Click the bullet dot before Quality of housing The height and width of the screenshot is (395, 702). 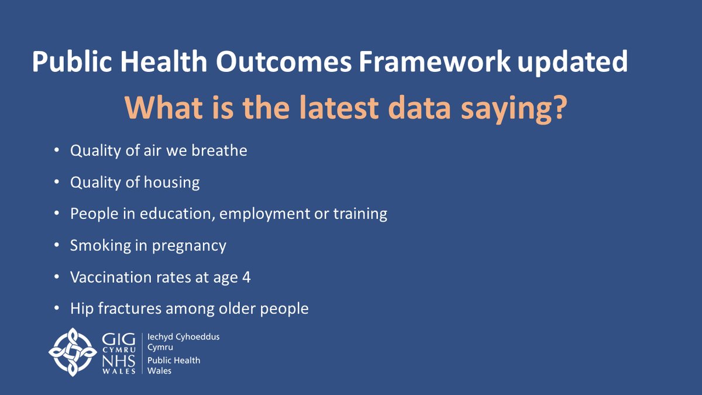(56, 183)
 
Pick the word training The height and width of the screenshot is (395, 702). (359, 214)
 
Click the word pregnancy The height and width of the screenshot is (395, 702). (189, 246)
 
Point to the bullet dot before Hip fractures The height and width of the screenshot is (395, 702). (56, 308)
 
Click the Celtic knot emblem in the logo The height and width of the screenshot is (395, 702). (72, 352)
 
